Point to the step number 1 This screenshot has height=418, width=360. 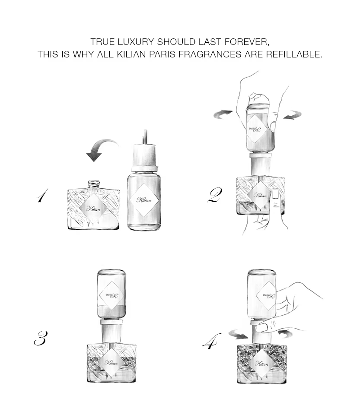42,197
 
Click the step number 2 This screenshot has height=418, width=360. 215,196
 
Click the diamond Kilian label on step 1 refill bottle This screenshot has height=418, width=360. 145,199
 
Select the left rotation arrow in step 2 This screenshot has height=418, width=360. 223,114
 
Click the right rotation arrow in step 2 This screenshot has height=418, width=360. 293,115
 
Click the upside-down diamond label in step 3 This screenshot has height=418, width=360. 112,295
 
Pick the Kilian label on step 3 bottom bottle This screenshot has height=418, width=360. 111,362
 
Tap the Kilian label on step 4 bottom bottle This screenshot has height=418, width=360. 262,363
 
